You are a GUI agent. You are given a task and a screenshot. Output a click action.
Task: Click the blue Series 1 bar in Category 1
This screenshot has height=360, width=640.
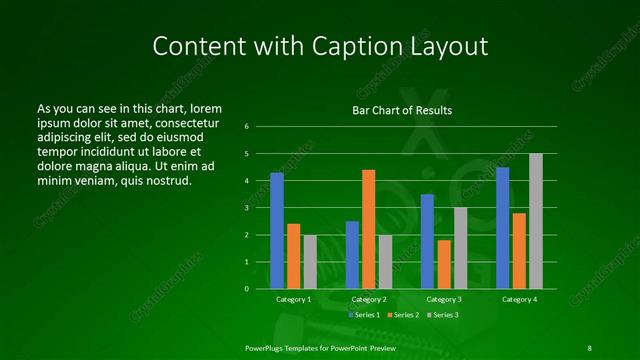(x=277, y=231)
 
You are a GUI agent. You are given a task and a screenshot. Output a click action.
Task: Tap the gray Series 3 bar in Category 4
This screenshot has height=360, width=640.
(x=536, y=221)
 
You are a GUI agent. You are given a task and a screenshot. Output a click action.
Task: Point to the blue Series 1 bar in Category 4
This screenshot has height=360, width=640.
(x=502, y=228)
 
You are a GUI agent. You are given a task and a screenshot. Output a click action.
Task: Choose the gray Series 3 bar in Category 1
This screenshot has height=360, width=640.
(x=310, y=262)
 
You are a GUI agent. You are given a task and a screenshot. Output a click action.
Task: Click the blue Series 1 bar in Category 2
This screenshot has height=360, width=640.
(x=352, y=255)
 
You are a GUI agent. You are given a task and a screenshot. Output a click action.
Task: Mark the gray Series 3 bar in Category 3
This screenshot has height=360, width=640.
(x=460, y=248)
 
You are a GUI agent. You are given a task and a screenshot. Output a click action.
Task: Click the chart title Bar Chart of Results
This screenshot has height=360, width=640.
(x=402, y=110)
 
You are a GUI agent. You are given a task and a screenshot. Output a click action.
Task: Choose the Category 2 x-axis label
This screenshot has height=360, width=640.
(x=369, y=299)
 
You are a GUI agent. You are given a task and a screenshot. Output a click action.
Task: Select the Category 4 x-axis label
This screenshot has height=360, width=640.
(x=519, y=299)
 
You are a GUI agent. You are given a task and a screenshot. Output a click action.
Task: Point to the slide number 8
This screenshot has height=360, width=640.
(x=589, y=347)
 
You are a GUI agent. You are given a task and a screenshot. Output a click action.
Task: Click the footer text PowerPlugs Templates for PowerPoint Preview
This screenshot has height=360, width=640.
(x=321, y=347)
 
